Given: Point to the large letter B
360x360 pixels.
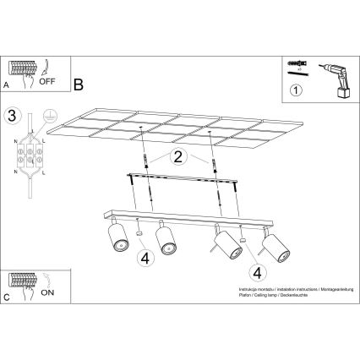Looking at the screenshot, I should coord(78,85).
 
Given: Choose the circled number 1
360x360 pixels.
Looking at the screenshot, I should coord(296,90).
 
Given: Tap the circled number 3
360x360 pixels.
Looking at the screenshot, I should coord(11,115).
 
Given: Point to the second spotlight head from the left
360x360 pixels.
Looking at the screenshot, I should coord(166,240).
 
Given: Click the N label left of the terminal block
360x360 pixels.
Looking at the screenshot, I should coord(16,141).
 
